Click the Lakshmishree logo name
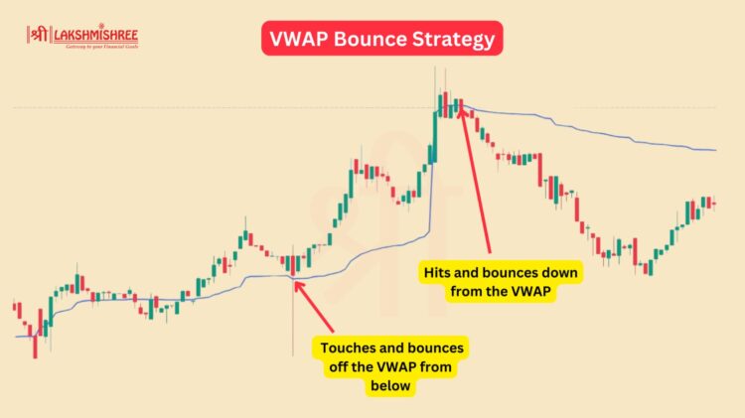(99, 33)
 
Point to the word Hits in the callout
(440, 271)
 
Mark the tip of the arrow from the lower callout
(293, 280)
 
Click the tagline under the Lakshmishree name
(99, 47)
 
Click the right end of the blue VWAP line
(715, 150)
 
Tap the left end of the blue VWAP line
(17, 337)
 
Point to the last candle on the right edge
(714, 204)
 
